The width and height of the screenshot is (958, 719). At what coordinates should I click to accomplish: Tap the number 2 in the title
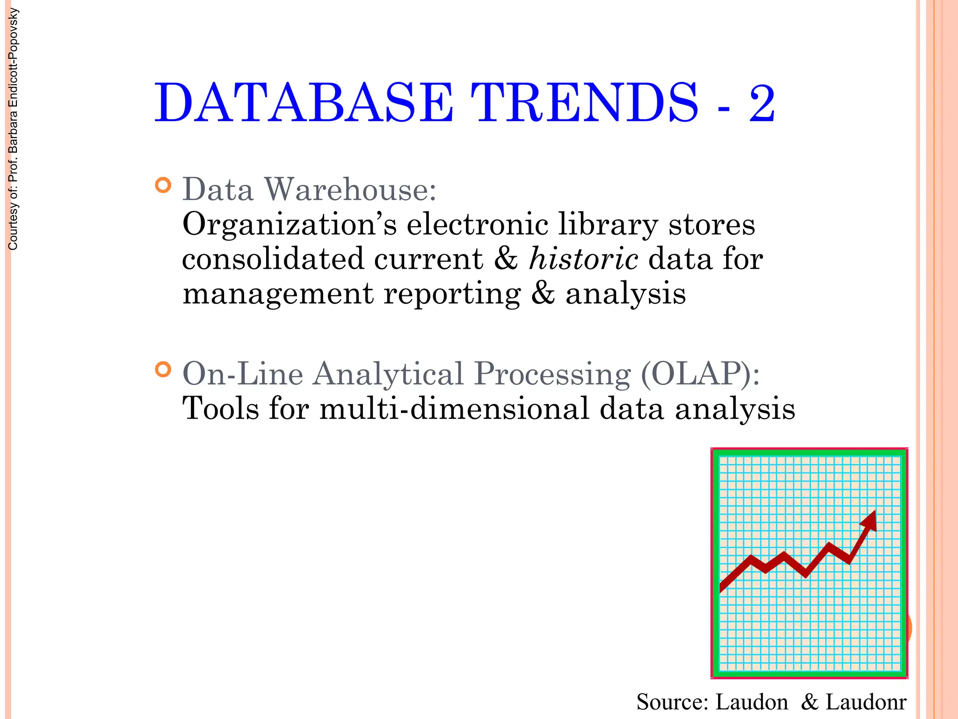[x=762, y=104]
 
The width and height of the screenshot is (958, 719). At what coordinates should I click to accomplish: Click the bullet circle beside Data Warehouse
[x=163, y=185]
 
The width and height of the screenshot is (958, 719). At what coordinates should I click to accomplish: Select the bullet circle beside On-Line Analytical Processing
[x=163, y=370]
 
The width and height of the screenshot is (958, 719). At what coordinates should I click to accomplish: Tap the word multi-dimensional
[x=454, y=408]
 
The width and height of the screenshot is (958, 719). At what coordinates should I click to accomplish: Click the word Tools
[x=220, y=408]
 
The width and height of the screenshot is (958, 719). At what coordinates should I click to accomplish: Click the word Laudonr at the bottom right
[x=866, y=702]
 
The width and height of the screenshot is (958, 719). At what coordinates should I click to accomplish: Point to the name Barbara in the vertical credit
[x=13, y=126]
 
